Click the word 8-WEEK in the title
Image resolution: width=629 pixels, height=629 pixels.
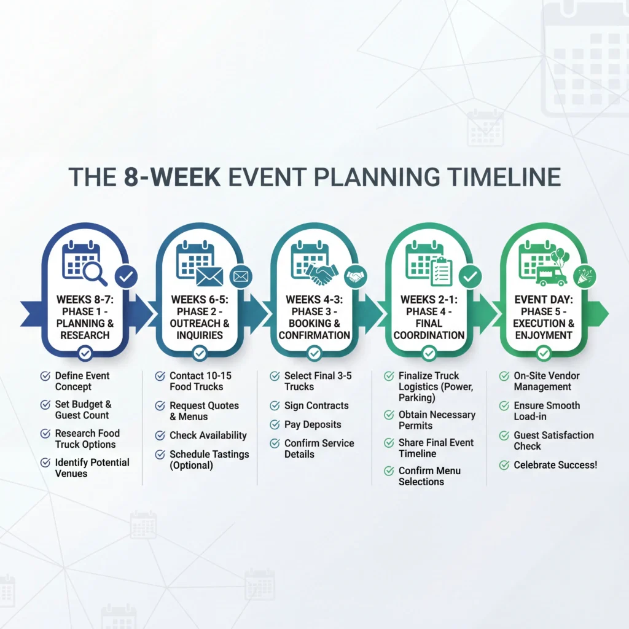click(168, 176)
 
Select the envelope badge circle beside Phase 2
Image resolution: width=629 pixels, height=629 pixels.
click(241, 277)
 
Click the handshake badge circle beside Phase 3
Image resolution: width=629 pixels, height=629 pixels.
click(355, 277)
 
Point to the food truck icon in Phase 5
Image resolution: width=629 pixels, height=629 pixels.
click(551, 276)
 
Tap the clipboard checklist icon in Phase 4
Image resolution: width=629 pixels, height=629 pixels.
click(440, 272)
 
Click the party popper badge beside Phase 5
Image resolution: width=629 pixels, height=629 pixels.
click(584, 277)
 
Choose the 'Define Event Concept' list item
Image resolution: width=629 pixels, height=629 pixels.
click(82, 381)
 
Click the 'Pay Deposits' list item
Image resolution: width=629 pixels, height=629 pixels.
click(312, 424)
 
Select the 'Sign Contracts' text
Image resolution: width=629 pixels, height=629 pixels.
click(316, 405)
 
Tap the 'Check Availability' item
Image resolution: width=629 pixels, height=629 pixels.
click(208, 435)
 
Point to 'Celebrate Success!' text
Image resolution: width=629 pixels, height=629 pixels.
click(555, 465)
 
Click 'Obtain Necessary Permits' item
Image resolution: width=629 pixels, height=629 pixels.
click(436, 420)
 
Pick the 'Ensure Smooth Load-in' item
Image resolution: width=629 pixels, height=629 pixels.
click(546, 411)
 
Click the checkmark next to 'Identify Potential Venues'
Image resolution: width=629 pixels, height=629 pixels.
click(45, 463)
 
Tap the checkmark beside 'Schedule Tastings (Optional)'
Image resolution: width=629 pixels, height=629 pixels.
click(160, 455)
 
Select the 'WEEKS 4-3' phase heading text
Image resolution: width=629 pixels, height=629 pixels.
click(314, 300)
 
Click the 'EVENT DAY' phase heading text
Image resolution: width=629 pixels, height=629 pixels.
click(543, 300)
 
